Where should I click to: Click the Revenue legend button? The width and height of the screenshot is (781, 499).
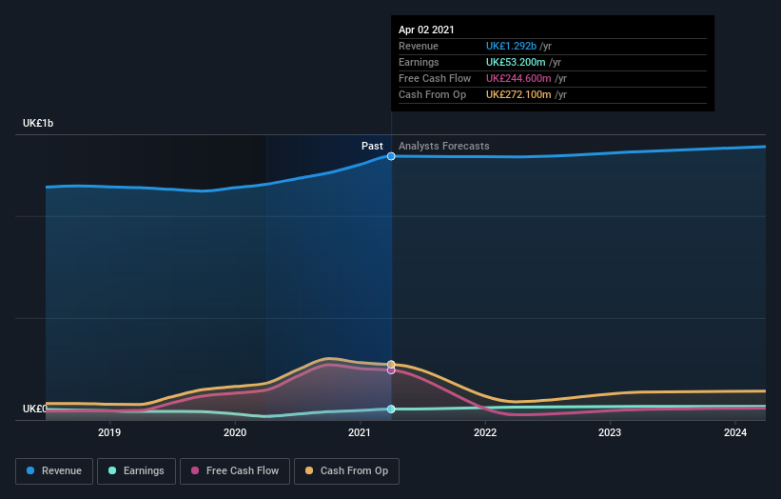pyautogui.click(x=54, y=470)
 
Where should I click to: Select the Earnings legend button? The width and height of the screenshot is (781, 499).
pyautogui.click(x=135, y=470)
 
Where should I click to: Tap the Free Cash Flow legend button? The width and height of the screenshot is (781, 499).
pyautogui.click(x=234, y=470)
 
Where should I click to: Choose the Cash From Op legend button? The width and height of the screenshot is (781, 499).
pyautogui.click(x=346, y=470)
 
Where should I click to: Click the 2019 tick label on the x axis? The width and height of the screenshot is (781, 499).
pyautogui.click(x=109, y=432)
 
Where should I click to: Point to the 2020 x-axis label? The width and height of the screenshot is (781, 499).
pyautogui.click(x=235, y=432)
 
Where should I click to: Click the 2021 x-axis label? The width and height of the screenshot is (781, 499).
pyautogui.click(x=360, y=432)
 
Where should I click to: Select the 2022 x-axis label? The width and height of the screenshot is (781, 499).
pyautogui.click(x=485, y=432)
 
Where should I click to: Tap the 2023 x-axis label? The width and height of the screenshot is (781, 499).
pyautogui.click(x=610, y=432)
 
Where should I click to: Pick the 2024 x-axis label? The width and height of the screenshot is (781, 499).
pyautogui.click(x=734, y=432)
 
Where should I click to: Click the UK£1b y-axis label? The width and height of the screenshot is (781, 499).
pyautogui.click(x=39, y=124)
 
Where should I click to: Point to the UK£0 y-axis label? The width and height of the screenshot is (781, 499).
pyautogui.click(x=35, y=409)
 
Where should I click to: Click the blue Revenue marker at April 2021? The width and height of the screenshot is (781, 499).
pyautogui.click(x=391, y=156)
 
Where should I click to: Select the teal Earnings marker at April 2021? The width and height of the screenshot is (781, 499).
pyautogui.click(x=391, y=409)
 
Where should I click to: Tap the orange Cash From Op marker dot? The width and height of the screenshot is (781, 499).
pyautogui.click(x=391, y=364)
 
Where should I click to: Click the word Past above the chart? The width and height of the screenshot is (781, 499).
pyautogui.click(x=372, y=146)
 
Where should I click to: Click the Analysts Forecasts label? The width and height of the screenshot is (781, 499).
pyautogui.click(x=444, y=146)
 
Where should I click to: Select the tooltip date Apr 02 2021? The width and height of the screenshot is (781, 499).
pyautogui.click(x=426, y=30)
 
